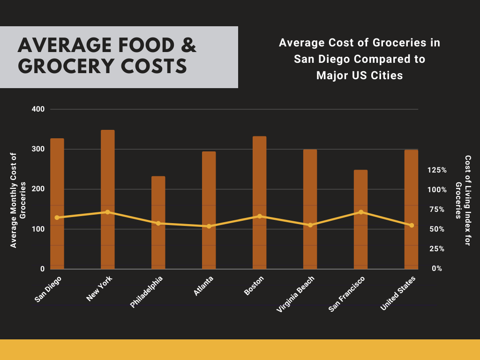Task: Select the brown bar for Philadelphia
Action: click(x=158, y=223)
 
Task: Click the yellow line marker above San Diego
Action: click(x=57, y=217)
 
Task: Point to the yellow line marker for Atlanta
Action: click(x=209, y=226)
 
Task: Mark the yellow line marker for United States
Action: click(x=412, y=225)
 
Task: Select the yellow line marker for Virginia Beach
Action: click(x=310, y=225)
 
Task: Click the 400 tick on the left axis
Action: click(x=38, y=109)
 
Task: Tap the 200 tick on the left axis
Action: click(x=38, y=189)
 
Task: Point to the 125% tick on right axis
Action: click(x=437, y=170)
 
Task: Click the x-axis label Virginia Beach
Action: click(x=296, y=294)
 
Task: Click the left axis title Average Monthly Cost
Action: click(x=17, y=200)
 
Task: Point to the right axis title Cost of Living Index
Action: click(x=463, y=187)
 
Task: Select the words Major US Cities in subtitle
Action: click(x=360, y=75)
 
